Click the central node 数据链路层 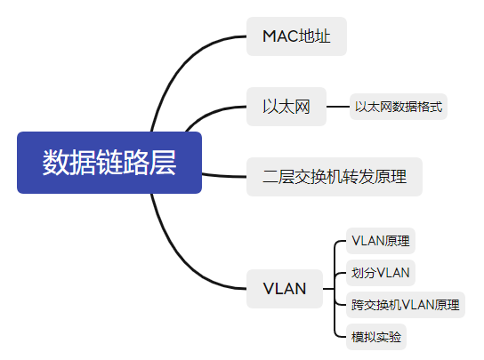[109, 163]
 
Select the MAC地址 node [296, 36]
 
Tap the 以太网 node [286, 108]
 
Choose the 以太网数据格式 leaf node [398, 108]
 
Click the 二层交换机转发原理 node [334, 176]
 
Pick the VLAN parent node [285, 289]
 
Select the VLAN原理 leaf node [380, 240]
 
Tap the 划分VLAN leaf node [380, 272]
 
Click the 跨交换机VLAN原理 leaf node [405, 305]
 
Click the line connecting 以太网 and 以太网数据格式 [337, 108]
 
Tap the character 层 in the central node [164, 163]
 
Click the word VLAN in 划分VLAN [394, 272]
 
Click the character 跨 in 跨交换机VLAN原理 [358, 305]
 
